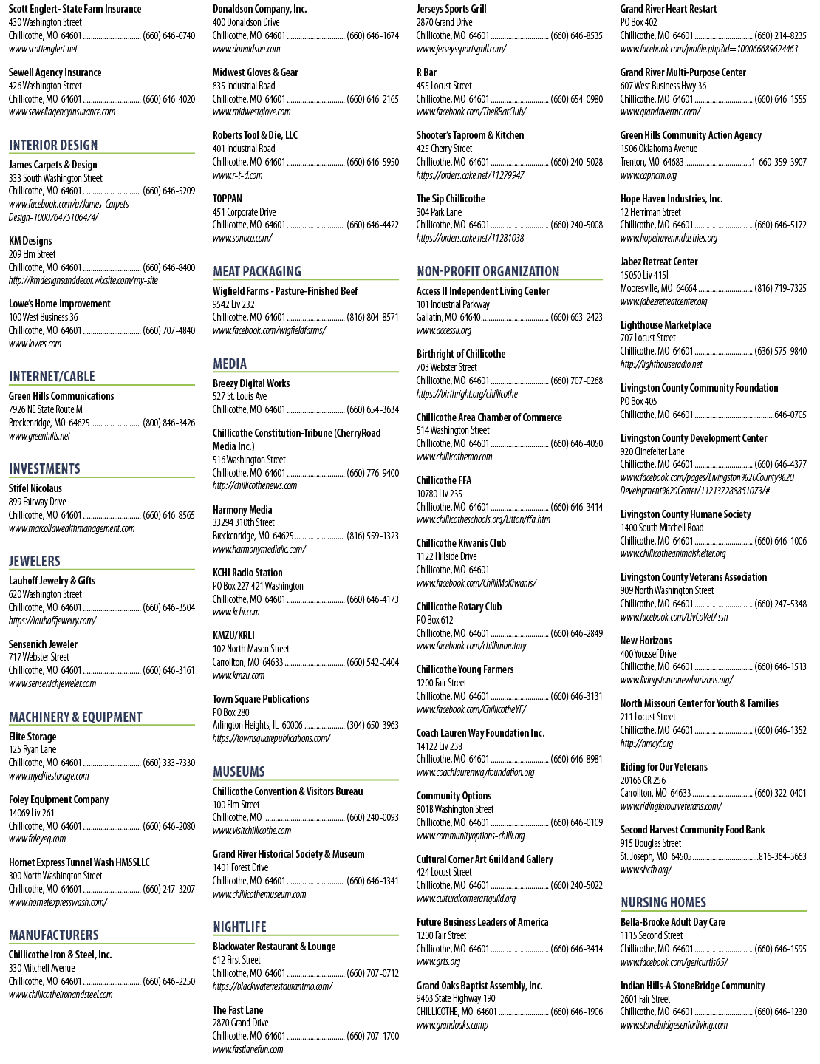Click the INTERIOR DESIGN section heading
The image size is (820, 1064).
(x=53, y=145)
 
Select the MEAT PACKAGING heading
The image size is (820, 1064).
(x=257, y=271)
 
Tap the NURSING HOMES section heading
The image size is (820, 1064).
(x=663, y=902)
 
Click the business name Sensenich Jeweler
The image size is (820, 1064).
(x=43, y=644)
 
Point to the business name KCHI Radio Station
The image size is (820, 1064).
(x=247, y=573)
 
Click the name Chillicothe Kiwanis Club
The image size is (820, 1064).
(x=461, y=543)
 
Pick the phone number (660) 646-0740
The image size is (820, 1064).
(x=169, y=35)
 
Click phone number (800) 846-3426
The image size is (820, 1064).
(x=169, y=423)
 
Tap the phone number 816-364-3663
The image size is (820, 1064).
(x=782, y=856)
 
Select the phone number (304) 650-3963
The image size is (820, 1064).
(x=372, y=725)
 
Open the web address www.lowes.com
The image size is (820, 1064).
(x=35, y=344)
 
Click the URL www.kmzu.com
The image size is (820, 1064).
(x=239, y=675)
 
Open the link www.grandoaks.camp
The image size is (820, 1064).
(x=452, y=1025)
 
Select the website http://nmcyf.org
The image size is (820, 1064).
(x=646, y=743)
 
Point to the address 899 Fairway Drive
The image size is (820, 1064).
(x=37, y=502)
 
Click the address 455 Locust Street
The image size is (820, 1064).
(x=444, y=86)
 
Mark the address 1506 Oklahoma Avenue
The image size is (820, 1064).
(x=659, y=149)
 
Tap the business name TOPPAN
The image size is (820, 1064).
(x=227, y=198)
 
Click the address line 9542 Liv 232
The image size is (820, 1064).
(x=233, y=304)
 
